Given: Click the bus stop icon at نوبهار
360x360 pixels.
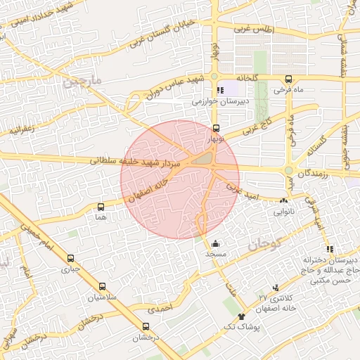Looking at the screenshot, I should (x=215, y=129).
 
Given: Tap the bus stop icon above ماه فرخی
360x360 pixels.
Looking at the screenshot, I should (x=289, y=79).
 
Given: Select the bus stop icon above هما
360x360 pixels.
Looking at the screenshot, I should (x=101, y=207).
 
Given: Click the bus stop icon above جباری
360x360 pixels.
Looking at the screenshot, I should (x=70, y=258).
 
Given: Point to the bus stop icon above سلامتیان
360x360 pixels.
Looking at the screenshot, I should (x=103, y=286).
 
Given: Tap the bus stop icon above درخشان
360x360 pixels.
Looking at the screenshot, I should (x=146, y=326).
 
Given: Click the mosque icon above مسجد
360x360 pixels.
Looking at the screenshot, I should (x=214, y=243).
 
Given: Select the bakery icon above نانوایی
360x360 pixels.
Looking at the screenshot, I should (x=285, y=200).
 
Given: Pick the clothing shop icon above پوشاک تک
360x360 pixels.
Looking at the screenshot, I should (x=242, y=317).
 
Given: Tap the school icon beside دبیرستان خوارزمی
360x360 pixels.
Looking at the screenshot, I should (x=220, y=90).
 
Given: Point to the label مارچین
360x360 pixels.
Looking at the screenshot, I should (x=82, y=82).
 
